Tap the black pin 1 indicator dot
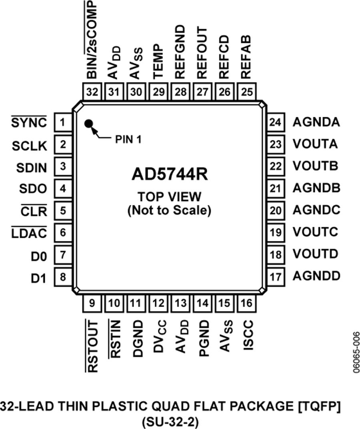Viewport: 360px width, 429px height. pyautogui.click(x=88, y=124)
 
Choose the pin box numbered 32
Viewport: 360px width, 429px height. pyautogui.click(x=92, y=92)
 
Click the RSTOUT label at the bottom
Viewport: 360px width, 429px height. pyautogui.click(x=93, y=346)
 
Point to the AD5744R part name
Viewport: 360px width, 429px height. pyautogui.click(x=169, y=175)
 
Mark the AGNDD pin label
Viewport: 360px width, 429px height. pyautogui.click(x=316, y=276)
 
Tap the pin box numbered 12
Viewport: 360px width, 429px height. pyautogui.click(x=159, y=303)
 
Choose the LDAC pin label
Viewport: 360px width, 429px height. pyautogui.click(x=28, y=233)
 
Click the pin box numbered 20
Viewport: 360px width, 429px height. pyautogui.click(x=275, y=210)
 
